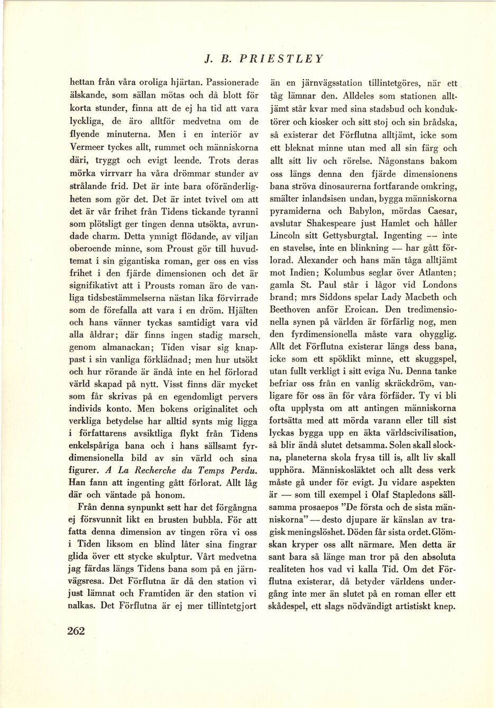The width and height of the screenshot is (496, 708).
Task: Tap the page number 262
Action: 76,630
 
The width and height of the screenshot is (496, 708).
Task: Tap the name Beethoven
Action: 291,309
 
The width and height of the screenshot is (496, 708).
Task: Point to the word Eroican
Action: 363,309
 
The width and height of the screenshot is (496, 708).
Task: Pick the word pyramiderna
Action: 294,211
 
